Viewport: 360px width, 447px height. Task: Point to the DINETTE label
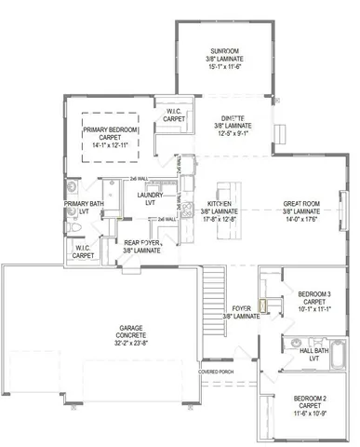[233, 118]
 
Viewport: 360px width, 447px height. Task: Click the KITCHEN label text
[220, 203]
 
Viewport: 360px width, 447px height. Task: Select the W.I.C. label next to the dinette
[173, 113]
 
